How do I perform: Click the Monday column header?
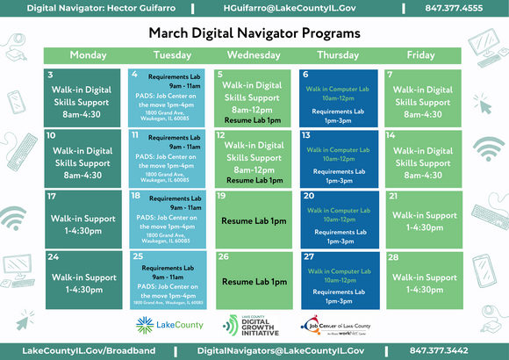tap(88, 55)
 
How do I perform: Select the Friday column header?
tap(420, 55)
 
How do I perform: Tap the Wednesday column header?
tap(254, 55)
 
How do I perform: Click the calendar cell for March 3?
tap(83, 97)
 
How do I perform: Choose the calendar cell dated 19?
tap(254, 219)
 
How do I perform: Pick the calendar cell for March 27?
tap(339, 279)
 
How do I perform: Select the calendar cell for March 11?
tap(169, 158)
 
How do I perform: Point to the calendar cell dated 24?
tap(83, 279)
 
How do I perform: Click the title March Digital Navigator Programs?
tap(254, 32)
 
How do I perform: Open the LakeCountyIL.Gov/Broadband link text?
tap(89, 350)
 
